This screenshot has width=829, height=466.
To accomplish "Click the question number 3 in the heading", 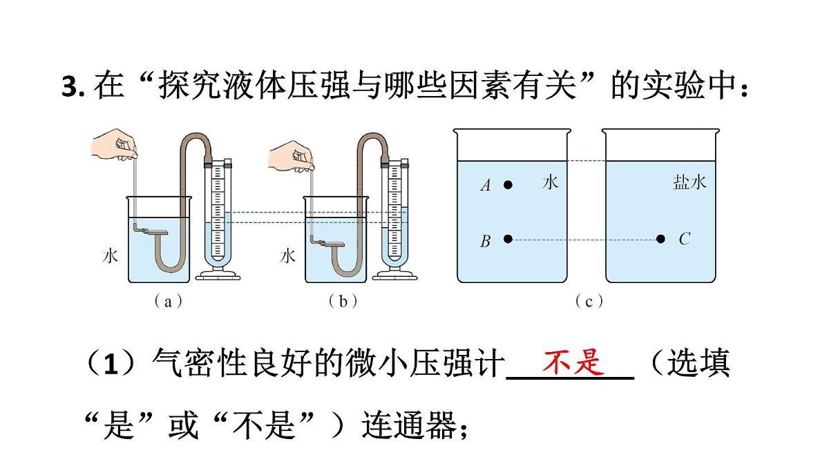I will coord(68,87).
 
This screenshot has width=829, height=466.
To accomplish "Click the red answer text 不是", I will coord(573,362).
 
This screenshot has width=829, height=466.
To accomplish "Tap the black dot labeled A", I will coord(508,185).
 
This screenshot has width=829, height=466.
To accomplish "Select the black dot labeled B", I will coord(508,239).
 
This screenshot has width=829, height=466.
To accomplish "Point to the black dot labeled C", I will coord(660,239).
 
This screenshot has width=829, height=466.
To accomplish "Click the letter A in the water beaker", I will coord(486,185).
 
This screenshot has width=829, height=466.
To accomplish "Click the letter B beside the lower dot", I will coord(486,241).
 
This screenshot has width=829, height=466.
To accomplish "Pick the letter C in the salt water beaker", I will coord(684,239).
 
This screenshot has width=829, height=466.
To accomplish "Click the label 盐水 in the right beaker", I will coord(689,182).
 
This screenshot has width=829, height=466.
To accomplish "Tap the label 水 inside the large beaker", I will coord(551,182).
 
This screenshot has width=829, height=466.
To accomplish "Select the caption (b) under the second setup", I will coord(339,302).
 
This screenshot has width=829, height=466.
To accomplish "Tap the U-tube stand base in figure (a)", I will coord(218,274).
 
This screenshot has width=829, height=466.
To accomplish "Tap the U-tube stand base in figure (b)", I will coord(395,274).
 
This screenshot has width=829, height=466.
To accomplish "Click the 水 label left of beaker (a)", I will coord(111,256).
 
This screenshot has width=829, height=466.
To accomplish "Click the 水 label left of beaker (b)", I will coord(288,256).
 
